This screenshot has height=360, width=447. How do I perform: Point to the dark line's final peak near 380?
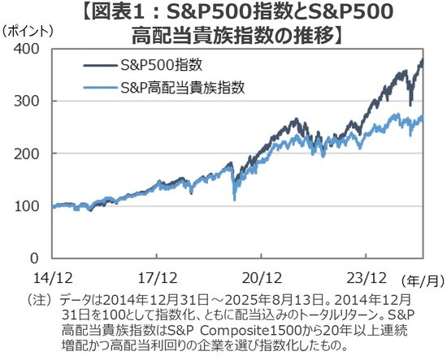[x=422, y=60]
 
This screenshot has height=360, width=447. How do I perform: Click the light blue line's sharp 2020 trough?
[x=235, y=198]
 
